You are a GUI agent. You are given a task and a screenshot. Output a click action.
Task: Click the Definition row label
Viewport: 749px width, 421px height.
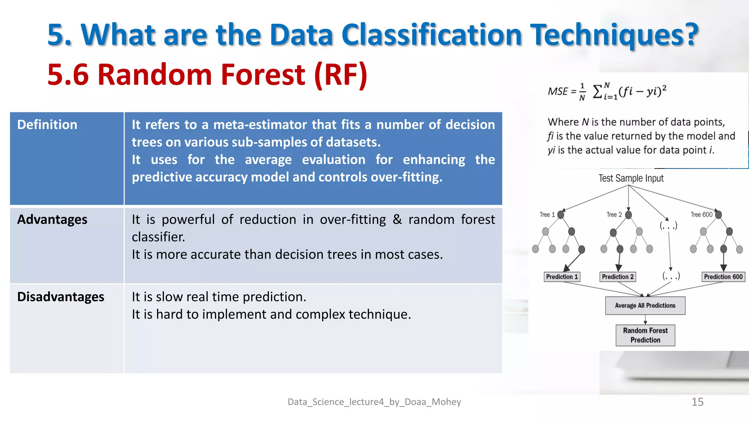[47, 125]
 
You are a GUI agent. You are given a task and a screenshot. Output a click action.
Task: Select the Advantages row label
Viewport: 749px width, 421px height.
[52, 219]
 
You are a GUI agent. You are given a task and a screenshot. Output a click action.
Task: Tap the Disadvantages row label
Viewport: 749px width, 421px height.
[61, 297]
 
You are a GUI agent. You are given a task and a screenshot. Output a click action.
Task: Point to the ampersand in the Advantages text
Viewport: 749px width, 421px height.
[397, 219]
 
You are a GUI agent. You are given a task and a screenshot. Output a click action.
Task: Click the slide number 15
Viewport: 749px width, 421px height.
[697, 402]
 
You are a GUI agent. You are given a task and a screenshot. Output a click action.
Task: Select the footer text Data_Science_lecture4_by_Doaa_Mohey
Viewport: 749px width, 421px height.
[374, 402]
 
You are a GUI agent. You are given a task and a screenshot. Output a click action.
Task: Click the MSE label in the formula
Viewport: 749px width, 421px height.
[558, 91]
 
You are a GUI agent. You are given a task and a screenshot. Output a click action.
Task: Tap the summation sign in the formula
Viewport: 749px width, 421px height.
[597, 91]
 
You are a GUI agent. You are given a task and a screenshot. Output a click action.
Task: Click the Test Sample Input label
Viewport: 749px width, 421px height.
[631, 178]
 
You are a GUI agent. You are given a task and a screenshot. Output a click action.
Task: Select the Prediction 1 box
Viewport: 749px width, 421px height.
[562, 277]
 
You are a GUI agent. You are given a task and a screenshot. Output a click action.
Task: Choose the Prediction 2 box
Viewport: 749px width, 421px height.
[618, 277]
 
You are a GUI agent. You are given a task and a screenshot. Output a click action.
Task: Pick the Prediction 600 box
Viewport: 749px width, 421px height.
[723, 277]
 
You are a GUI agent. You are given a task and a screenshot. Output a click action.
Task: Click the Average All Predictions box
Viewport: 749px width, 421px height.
[645, 306]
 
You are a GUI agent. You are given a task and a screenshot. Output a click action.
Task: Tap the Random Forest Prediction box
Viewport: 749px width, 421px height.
[645, 335]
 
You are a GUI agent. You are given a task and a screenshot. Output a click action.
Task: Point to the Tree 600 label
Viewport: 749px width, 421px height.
[701, 215]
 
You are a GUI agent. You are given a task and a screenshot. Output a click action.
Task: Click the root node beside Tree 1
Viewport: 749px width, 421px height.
[561, 215]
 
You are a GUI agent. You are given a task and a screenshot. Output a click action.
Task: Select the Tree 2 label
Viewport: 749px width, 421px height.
[614, 215]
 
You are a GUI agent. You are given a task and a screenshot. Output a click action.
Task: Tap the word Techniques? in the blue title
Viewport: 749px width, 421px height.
[614, 35]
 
